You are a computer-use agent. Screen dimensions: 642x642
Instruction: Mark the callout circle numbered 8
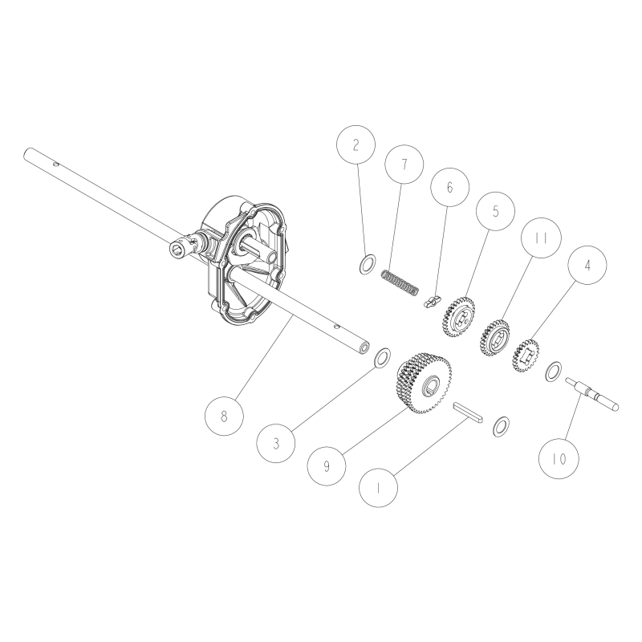224,415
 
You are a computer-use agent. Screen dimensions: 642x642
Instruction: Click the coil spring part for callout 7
399,283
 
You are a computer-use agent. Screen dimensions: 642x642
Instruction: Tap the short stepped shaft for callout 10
592,393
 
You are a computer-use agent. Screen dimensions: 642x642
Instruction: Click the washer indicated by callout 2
367,263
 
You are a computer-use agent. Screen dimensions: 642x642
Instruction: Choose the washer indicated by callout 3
383,356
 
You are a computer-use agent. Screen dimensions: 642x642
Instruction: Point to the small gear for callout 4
526,353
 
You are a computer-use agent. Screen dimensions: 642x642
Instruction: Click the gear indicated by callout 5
457,315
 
